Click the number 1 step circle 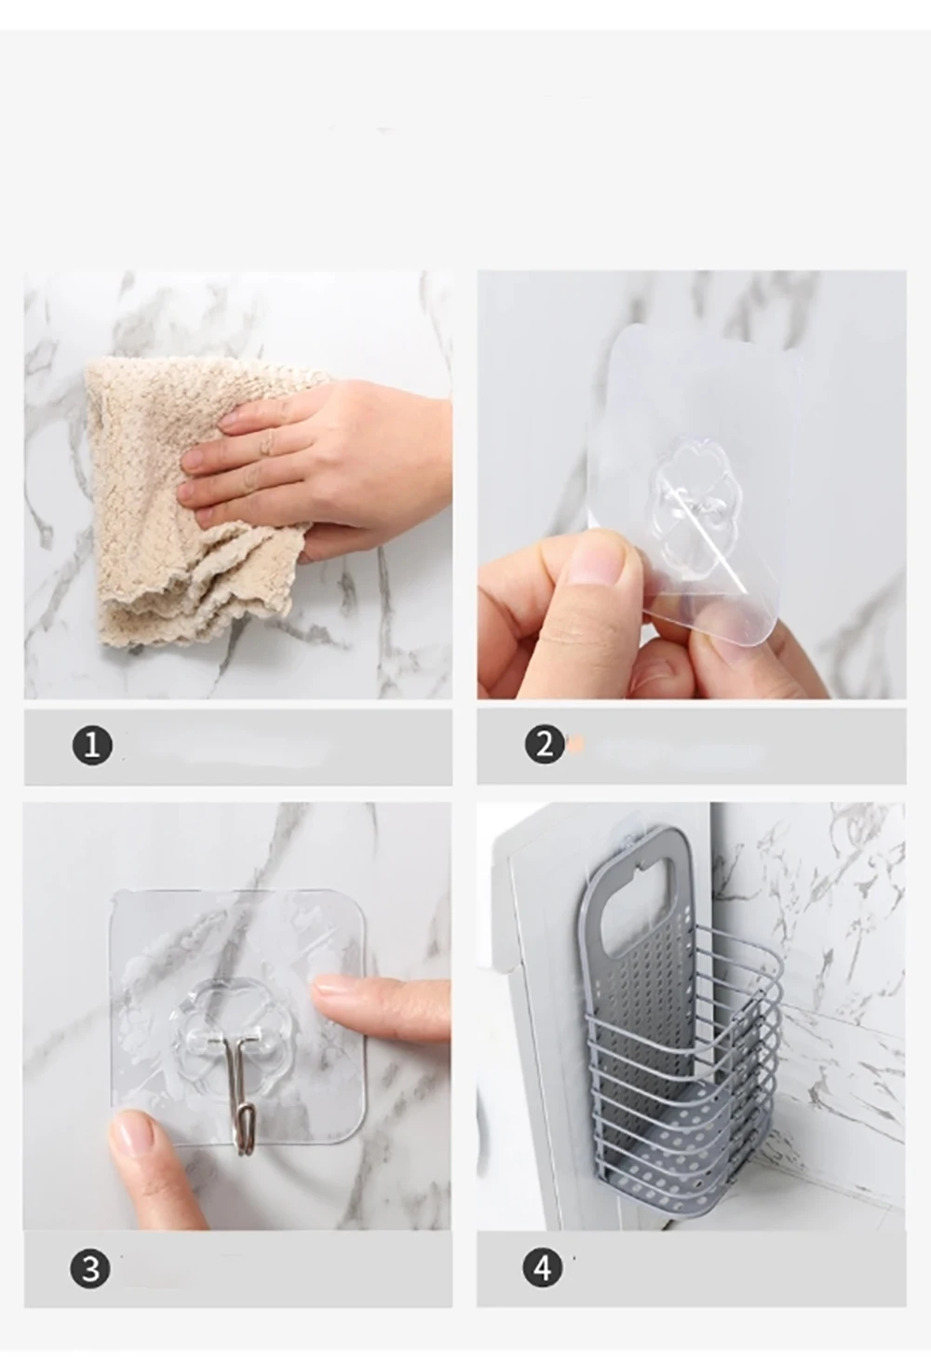point(92,745)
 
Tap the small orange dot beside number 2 point(573,743)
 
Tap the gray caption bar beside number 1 point(238,747)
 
